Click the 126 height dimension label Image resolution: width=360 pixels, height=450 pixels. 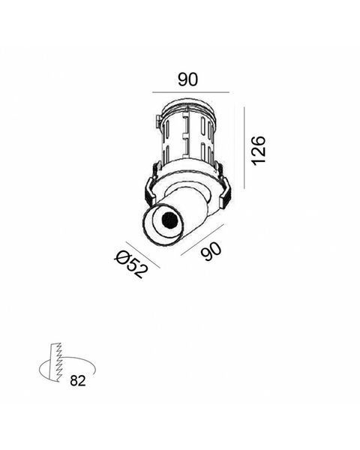point(258,151)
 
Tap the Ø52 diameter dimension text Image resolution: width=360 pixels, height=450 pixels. point(132,264)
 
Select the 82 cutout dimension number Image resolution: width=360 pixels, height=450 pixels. point(78,381)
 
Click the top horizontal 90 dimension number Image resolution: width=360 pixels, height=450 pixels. point(188,79)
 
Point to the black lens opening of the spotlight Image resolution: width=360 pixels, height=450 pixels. point(169,220)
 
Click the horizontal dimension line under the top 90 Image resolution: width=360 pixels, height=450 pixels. point(190,92)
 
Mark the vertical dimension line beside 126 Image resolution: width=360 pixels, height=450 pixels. point(244,148)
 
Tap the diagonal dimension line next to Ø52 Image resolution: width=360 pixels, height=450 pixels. point(142,255)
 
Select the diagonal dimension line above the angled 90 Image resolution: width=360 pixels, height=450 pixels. point(202,240)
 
